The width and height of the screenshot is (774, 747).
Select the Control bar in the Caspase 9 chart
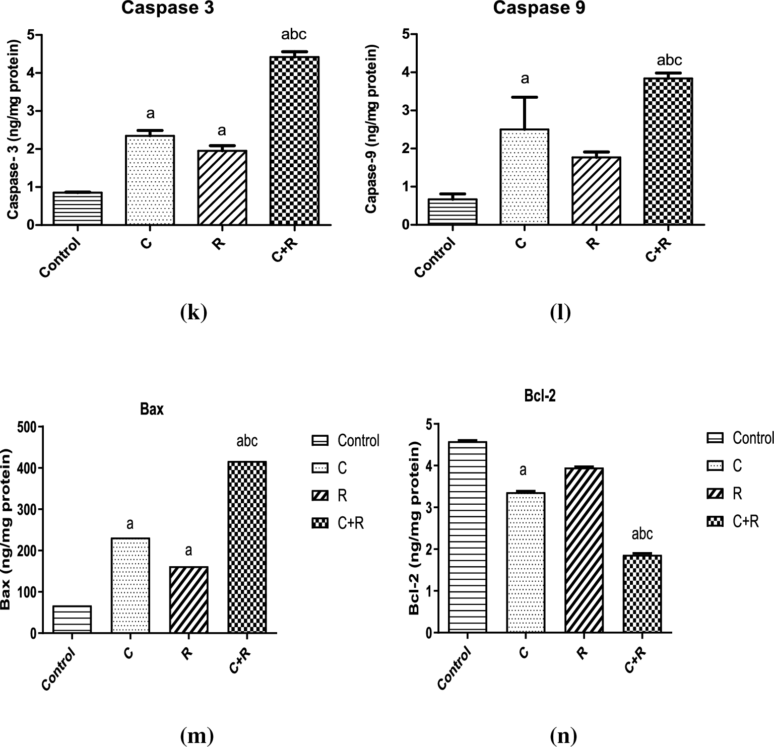pyautogui.click(x=453, y=212)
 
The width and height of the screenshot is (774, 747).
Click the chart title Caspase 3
pyautogui.click(x=168, y=9)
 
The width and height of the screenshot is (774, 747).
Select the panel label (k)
pyautogui.click(x=193, y=313)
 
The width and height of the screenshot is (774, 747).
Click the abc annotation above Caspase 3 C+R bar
pyautogui.click(x=294, y=35)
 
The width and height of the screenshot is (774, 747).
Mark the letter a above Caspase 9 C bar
pyautogui.click(x=525, y=79)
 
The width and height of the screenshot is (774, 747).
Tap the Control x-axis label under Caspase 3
pyautogui.click(x=60, y=259)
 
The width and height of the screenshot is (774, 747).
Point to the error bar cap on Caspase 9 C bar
pyautogui.click(x=525, y=97)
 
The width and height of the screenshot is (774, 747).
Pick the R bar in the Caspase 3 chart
pyautogui.click(x=222, y=187)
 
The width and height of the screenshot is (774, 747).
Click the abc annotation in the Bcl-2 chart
pyautogui.click(x=642, y=534)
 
